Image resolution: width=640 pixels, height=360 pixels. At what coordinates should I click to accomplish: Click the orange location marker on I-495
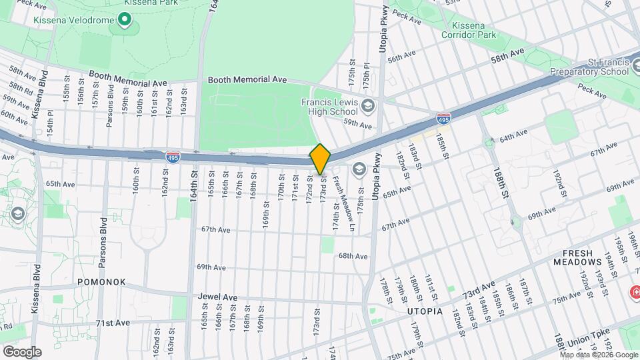[x=320, y=159]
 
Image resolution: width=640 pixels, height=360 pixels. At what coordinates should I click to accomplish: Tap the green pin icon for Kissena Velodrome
[x=124, y=19]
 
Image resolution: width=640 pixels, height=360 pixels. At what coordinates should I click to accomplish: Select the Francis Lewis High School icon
[x=367, y=105]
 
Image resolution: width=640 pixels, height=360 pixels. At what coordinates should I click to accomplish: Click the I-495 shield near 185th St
[x=443, y=119]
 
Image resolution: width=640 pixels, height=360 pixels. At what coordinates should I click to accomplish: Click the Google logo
[x=21, y=351]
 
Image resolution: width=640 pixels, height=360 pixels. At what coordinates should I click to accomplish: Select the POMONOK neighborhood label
[x=101, y=282]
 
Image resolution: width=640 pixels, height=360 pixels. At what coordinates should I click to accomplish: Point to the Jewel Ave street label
[x=217, y=296]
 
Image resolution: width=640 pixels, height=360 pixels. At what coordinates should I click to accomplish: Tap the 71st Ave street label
[x=112, y=323]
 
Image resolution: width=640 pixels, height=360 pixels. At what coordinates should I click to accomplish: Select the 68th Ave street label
[x=353, y=256]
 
